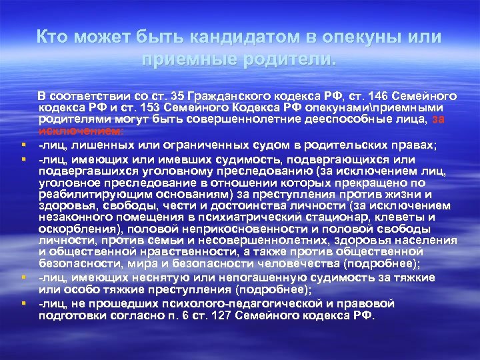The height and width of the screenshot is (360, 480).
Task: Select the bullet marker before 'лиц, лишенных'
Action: (x=23, y=144)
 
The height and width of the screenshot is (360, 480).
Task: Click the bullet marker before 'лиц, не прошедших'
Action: (x=23, y=303)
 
